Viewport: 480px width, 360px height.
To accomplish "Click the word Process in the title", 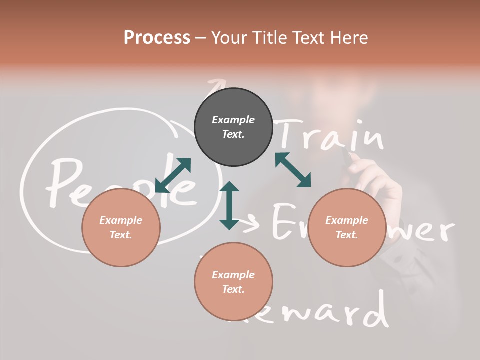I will point(157,38).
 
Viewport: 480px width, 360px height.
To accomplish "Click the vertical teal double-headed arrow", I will point(229,206).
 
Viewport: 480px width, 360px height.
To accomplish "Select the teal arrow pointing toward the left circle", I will point(173,175).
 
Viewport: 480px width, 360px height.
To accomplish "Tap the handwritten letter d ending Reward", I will point(378,310).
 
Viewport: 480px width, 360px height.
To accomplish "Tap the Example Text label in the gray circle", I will point(233,127).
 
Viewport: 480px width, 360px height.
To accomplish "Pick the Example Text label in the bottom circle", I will point(233,282).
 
